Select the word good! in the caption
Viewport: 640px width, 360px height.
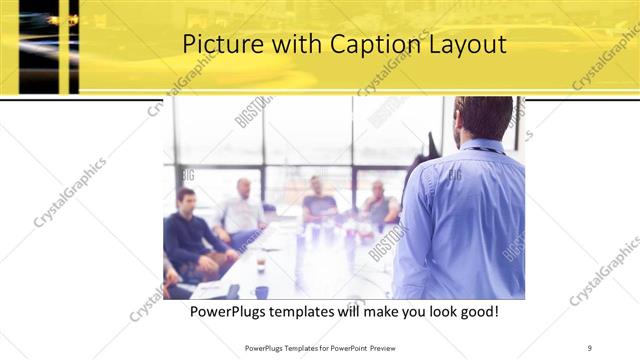point(475,312)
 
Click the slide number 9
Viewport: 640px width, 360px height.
point(590,347)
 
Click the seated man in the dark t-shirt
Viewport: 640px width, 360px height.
point(318,203)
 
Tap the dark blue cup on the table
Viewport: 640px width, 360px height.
point(261,292)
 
